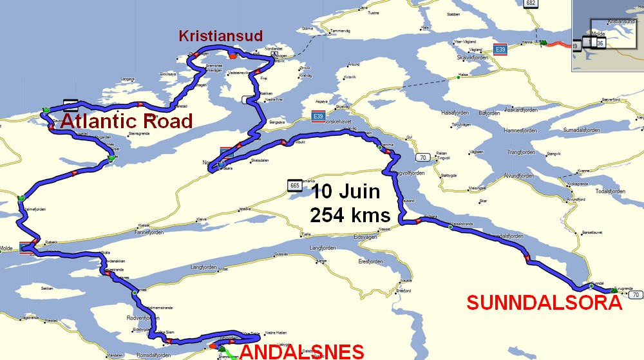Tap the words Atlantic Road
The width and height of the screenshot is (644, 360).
point(128,120)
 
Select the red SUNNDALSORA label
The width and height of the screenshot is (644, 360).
point(544,303)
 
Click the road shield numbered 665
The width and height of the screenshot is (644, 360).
point(295,185)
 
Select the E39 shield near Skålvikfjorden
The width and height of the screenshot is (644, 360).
point(499,49)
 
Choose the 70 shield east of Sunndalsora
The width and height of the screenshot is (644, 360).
point(636,295)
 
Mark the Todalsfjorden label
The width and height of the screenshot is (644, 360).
point(610,191)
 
